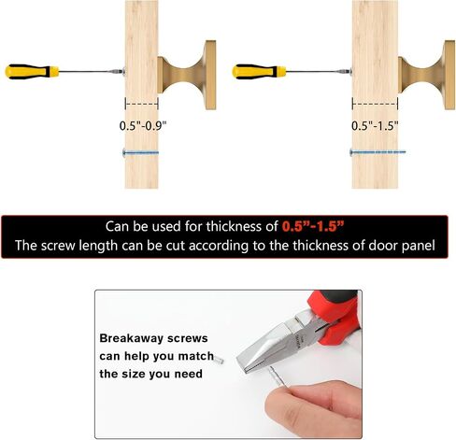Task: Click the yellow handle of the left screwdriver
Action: pos(32,72)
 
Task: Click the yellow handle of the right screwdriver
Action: pos(259,72)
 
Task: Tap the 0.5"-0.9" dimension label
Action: pos(143,126)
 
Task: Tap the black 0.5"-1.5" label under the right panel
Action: pos(375,126)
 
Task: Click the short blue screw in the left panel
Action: pos(141,152)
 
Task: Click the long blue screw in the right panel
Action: pos(378,152)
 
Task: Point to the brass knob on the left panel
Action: pos(187,75)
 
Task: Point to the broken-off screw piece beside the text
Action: pos(219,361)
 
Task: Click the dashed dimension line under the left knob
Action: pos(142,104)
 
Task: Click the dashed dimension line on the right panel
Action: pos(375,104)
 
